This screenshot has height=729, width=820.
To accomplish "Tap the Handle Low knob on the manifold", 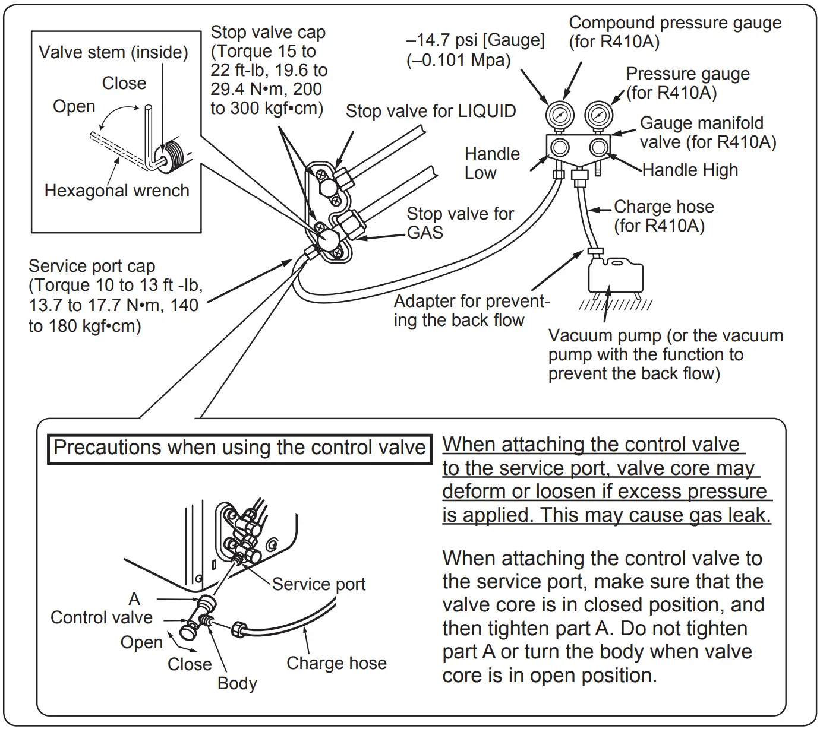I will (560, 147).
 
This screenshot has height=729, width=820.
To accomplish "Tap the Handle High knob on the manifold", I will (599, 147).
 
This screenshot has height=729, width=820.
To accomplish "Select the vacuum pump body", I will (615, 274).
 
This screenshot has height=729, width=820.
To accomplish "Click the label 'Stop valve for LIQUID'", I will (431, 111).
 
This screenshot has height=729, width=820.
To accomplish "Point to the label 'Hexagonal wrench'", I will (116, 191).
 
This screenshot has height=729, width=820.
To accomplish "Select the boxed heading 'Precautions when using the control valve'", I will (239, 448).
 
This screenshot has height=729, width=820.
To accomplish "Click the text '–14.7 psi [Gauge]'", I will (475, 40).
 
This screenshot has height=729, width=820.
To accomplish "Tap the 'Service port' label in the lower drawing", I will (318, 584).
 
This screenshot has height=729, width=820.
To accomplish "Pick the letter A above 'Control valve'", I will (134, 598).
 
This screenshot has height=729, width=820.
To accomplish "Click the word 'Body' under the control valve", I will (237, 683).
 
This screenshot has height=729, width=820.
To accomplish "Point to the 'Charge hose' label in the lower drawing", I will (336, 663).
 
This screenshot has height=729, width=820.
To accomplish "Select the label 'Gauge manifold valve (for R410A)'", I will (707, 132).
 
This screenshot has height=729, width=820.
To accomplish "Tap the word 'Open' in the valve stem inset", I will (74, 106).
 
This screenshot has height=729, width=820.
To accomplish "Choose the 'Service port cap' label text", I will (92, 266).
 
